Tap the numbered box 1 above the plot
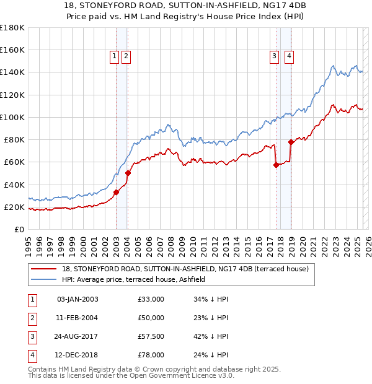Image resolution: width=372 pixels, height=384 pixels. pos(115,56)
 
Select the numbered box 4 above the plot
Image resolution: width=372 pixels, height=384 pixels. pos(289,56)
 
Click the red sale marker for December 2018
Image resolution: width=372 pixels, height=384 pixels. pos(291,142)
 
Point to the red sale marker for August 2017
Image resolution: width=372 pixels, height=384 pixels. pos(277,165)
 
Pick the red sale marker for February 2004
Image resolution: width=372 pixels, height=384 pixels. pos(128,173)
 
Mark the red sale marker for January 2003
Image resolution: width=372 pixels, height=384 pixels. pos(116,192)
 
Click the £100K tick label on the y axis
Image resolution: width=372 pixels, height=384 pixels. pos(12,117)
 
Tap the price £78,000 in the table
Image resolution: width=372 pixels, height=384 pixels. pos(151,355)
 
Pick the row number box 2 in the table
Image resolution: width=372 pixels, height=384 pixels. pos(31,318)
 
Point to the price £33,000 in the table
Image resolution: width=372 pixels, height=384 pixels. pos(151,299)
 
